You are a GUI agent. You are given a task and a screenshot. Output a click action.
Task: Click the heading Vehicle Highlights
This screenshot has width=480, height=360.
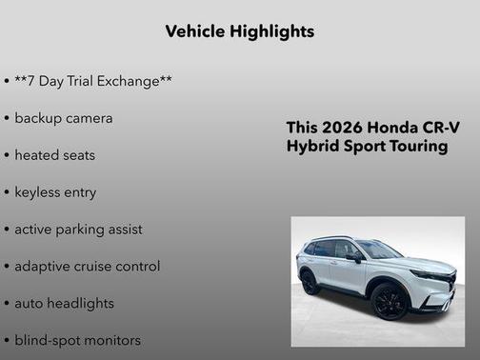(x=239, y=31)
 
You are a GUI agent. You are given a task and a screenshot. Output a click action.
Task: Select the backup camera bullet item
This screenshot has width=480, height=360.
(x=64, y=118)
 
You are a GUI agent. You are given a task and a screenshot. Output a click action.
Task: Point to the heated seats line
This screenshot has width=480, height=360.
(x=55, y=154)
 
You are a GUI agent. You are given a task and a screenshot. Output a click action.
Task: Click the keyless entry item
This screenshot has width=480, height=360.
(x=55, y=191)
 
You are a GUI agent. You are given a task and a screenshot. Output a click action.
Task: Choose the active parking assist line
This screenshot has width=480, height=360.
(x=78, y=229)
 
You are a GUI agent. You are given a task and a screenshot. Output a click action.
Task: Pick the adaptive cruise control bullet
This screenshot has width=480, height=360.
(x=87, y=266)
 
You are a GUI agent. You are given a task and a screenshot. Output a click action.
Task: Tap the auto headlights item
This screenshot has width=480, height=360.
(x=64, y=303)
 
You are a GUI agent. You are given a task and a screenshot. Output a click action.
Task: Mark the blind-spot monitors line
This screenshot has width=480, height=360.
(x=77, y=340)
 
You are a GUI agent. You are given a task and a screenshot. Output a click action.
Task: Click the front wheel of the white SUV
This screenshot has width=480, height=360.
(x=390, y=301)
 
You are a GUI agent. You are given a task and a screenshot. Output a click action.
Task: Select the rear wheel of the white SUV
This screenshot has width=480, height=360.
(x=310, y=282)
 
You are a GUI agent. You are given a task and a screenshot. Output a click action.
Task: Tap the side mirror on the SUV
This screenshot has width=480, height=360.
(x=354, y=257)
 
